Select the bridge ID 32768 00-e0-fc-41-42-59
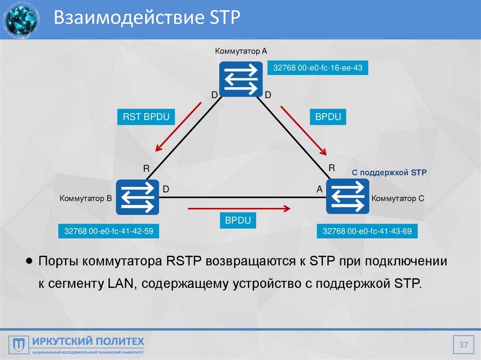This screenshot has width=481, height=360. click(x=109, y=231)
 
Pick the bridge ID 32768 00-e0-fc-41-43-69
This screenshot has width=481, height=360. click(x=367, y=231)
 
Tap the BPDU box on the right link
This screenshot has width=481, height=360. click(x=328, y=117)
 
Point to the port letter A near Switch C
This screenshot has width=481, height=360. click(x=319, y=189)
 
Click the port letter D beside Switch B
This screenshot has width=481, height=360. click(x=166, y=189)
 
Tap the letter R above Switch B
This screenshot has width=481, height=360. click(x=146, y=168)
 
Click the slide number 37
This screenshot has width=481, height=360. click(x=464, y=346)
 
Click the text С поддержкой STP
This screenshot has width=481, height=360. click(x=389, y=173)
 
